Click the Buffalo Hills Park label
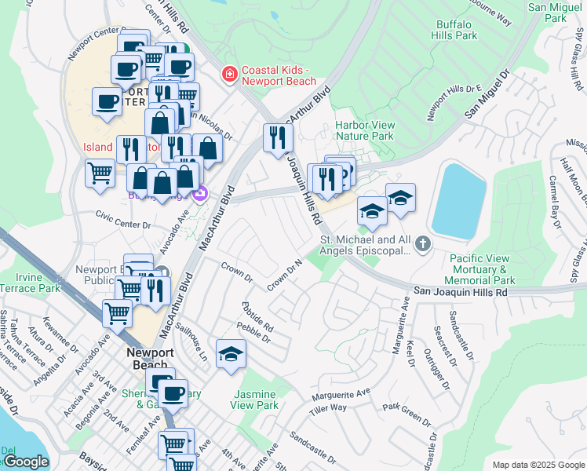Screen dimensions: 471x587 pyautogui.click(x=456, y=30)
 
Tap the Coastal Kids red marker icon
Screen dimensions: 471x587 pyautogui.click(x=229, y=75)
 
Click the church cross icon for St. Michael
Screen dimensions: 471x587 pyautogui.click(x=423, y=244)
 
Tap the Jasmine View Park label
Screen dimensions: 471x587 pyautogui.click(x=254, y=400)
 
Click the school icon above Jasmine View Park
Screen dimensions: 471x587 pyautogui.click(x=232, y=356)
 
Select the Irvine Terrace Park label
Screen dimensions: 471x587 pyautogui.click(x=38, y=283)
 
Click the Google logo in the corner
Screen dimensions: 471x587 pyautogui.click(x=25, y=462)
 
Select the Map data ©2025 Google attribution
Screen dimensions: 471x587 pyautogui.click(x=538, y=465)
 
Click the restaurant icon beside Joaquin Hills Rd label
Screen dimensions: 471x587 pyautogui.click(x=277, y=139)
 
